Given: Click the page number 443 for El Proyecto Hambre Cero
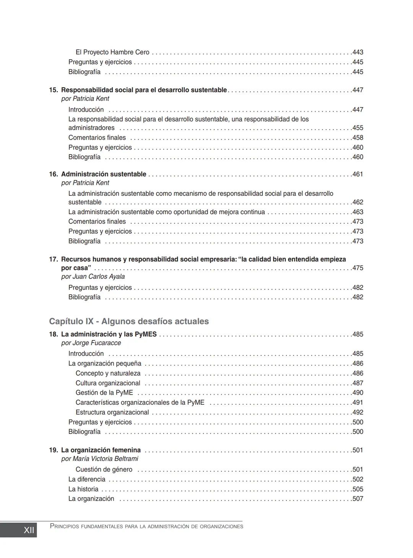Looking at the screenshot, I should [358, 52].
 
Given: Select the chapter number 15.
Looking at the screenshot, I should [53, 90].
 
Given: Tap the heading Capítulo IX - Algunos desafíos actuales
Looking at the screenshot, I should [129, 321].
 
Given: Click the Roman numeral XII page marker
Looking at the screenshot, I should [29, 530].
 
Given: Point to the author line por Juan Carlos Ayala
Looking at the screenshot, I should [93, 277].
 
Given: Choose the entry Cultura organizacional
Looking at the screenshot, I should [108, 383].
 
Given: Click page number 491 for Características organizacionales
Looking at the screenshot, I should [358, 403].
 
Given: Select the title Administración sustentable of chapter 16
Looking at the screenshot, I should [104, 174].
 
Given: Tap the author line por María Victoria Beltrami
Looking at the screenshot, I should [99, 459].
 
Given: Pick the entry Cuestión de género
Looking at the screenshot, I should [104, 470].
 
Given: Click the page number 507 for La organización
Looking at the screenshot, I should [358, 499].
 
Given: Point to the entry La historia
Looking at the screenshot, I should [83, 489].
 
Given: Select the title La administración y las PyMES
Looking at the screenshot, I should [109, 334].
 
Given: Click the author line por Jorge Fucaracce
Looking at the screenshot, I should [91, 343].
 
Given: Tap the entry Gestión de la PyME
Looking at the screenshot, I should [104, 393].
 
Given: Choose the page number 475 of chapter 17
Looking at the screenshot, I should [358, 268].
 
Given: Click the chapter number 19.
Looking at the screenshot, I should [53, 450].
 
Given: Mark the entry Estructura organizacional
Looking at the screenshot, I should [112, 412].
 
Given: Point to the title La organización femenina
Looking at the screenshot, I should [101, 450].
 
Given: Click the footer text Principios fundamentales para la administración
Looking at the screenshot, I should [146, 527].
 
